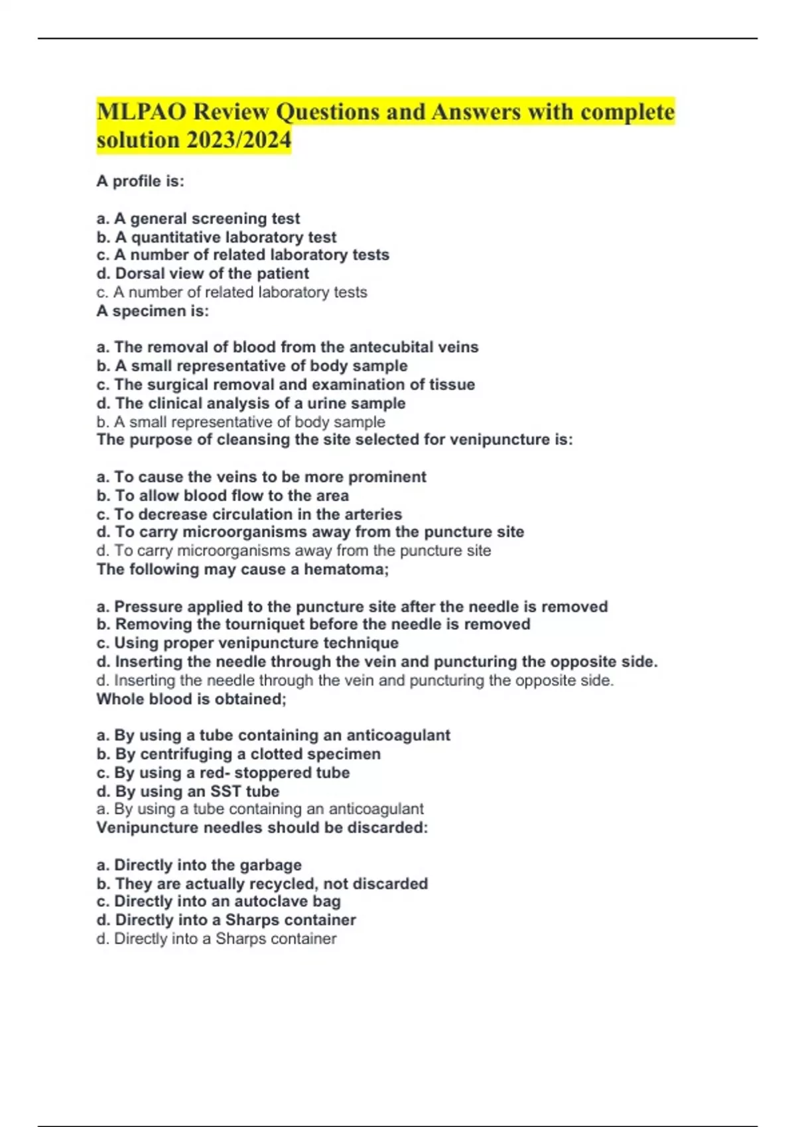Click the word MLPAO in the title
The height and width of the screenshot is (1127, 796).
pyautogui.click(x=141, y=111)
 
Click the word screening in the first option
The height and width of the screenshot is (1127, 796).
pyautogui.click(x=233, y=218)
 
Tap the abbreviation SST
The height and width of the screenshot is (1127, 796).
pyautogui.click(x=226, y=791)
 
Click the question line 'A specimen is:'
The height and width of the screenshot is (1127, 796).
pyautogui.click(x=153, y=311)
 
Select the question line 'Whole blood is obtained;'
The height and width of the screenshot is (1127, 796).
pyautogui.click(x=191, y=699)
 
